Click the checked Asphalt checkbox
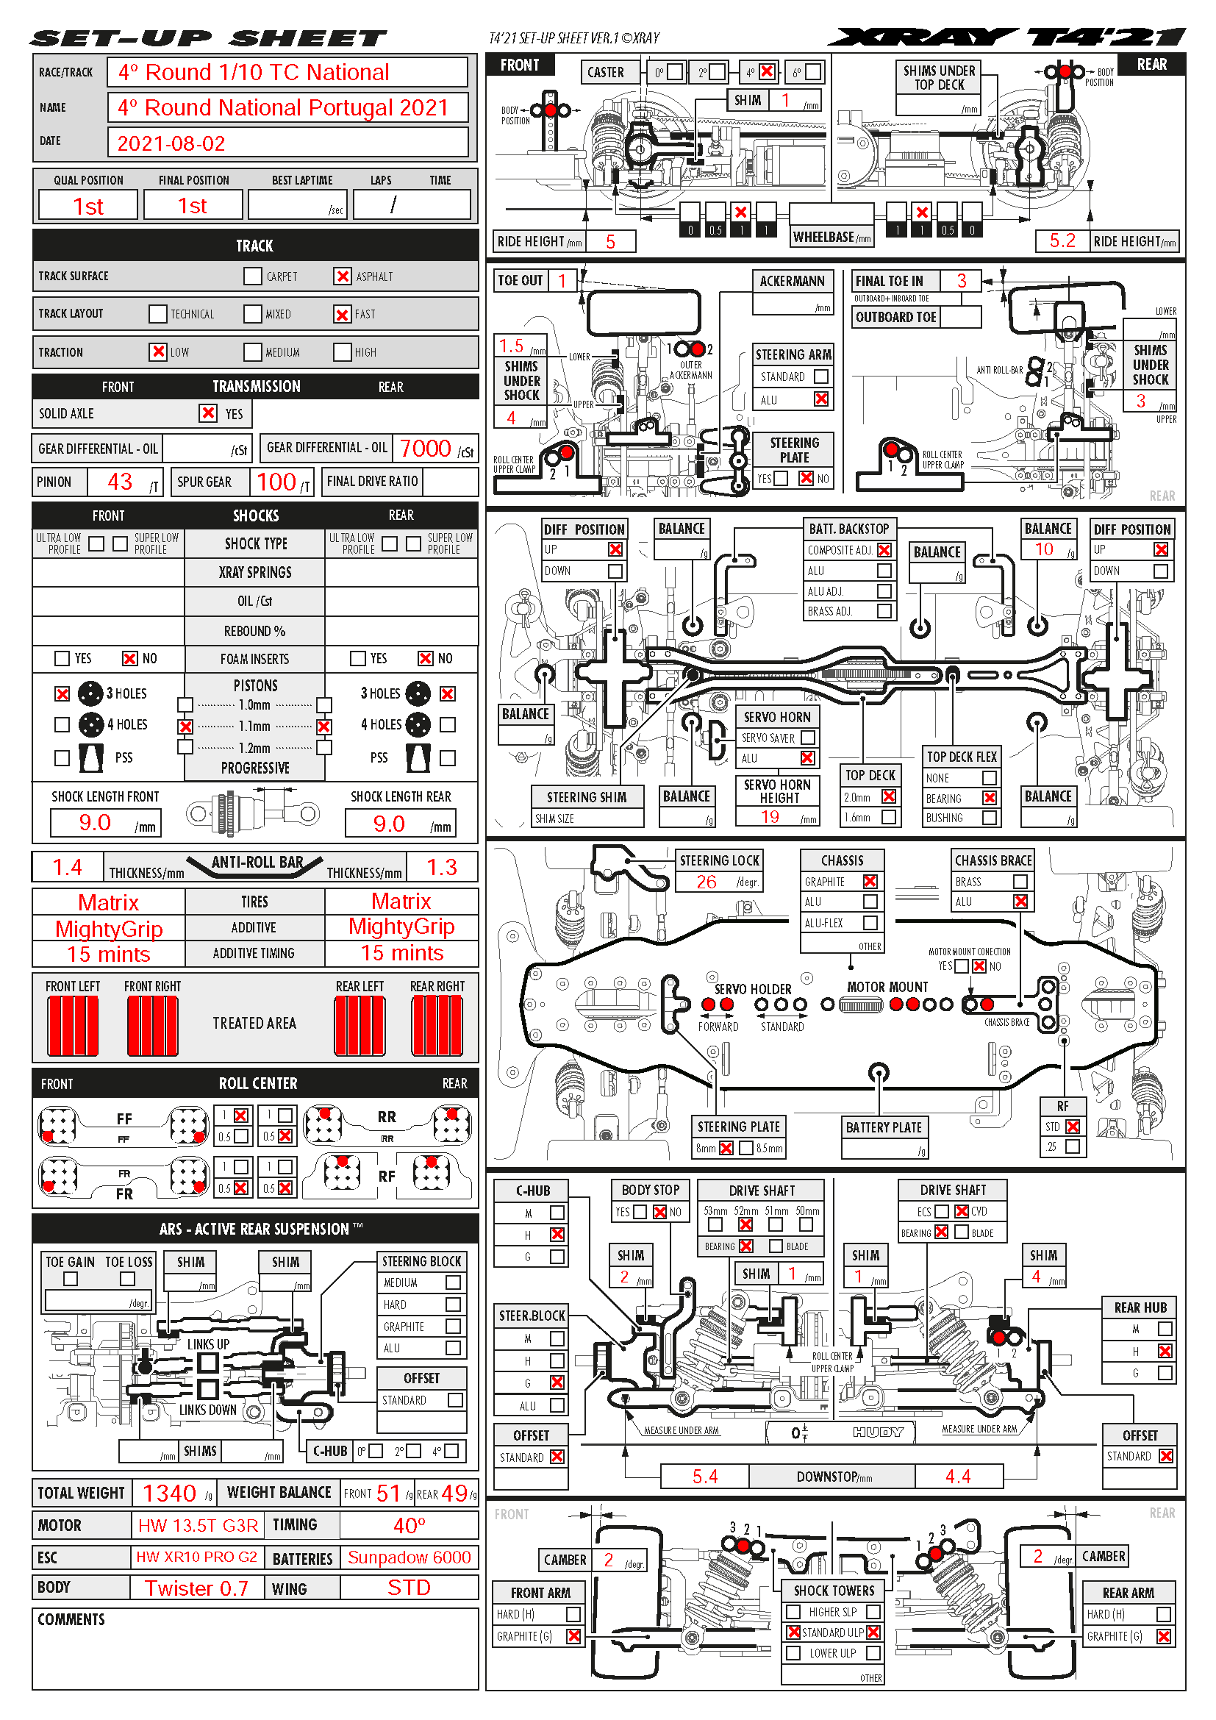(342, 276)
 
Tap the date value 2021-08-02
(171, 143)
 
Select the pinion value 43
(120, 482)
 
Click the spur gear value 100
(276, 482)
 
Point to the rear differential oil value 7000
(425, 449)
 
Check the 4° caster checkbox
(767, 72)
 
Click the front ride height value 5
(610, 242)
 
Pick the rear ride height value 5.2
(1062, 240)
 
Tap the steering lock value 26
(706, 882)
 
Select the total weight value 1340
(169, 1493)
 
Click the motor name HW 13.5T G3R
(198, 1526)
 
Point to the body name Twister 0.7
(196, 1588)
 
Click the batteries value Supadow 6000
(409, 1557)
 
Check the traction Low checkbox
(158, 352)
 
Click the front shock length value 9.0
(95, 823)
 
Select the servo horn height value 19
(770, 817)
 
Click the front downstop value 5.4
(704, 1477)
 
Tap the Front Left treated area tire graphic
(74, 1026)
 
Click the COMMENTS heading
(71, 1619)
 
